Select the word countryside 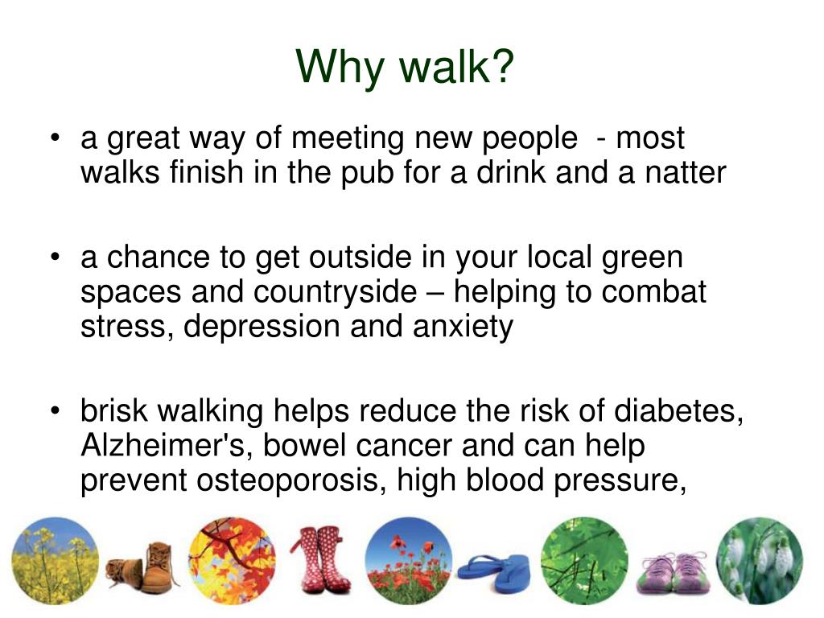[333, 292]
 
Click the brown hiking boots [143, 563]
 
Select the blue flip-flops [493, 571]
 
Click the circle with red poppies [408, 560]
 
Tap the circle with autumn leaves [232, 560]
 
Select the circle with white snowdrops [760, 560]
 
